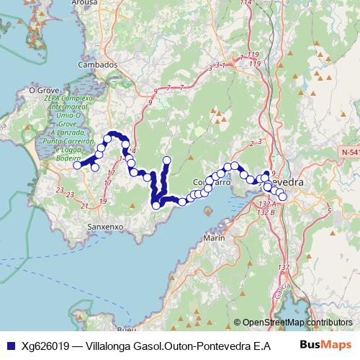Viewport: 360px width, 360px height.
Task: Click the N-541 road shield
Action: [350, 153]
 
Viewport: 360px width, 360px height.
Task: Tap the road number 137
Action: [283, 267]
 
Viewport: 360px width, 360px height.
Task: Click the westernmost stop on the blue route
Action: [78, 165]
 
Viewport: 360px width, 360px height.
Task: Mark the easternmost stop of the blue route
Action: [282, 197]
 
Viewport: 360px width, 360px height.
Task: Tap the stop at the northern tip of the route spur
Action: [167, 160]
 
